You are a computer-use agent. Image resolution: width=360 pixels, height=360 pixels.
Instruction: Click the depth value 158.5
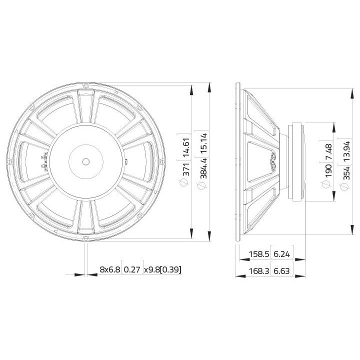pyautogui.click(x=259, y=254)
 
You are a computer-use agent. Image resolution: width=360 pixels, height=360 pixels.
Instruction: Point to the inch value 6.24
pyautogui.click(x=282, y=254)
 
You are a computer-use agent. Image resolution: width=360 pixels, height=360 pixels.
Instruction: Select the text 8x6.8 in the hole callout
pyautogui.click(x=110, y=269)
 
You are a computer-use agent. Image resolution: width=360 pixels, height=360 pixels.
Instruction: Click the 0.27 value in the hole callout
pyautogui.click(x=132, y=269)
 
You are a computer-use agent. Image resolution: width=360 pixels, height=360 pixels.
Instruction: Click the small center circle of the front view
pyautogui.click(x=85, y=161)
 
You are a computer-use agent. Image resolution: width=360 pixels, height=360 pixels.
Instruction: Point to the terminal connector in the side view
pyautogui.click(x=274, y=162)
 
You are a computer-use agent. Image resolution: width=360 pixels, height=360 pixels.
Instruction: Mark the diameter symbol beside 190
pyautogui.click(x=328, y=185)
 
